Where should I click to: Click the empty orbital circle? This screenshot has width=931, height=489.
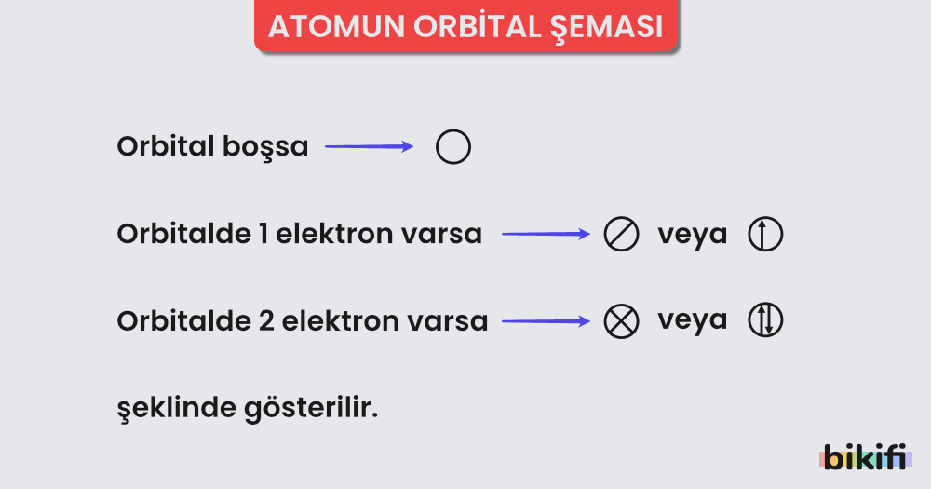(453, 147)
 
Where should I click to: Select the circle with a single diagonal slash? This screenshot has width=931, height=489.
(621, 235)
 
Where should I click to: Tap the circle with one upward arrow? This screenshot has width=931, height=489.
(765, 235)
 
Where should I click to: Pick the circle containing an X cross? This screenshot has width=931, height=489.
(621, 321)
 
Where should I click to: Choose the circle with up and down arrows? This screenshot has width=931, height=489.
(765, 321)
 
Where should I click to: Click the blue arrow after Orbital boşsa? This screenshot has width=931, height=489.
(369, 146)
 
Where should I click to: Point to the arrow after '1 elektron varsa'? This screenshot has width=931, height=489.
(546, 235)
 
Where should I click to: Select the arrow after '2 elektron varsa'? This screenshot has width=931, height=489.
(546, 321)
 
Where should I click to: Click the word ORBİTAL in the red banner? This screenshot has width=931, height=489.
(462, 27)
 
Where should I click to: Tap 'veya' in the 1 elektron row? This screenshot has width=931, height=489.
(693, 235)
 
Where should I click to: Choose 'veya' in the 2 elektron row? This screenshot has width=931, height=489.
(693, 320)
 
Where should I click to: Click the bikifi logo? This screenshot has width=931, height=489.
(866, 457)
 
